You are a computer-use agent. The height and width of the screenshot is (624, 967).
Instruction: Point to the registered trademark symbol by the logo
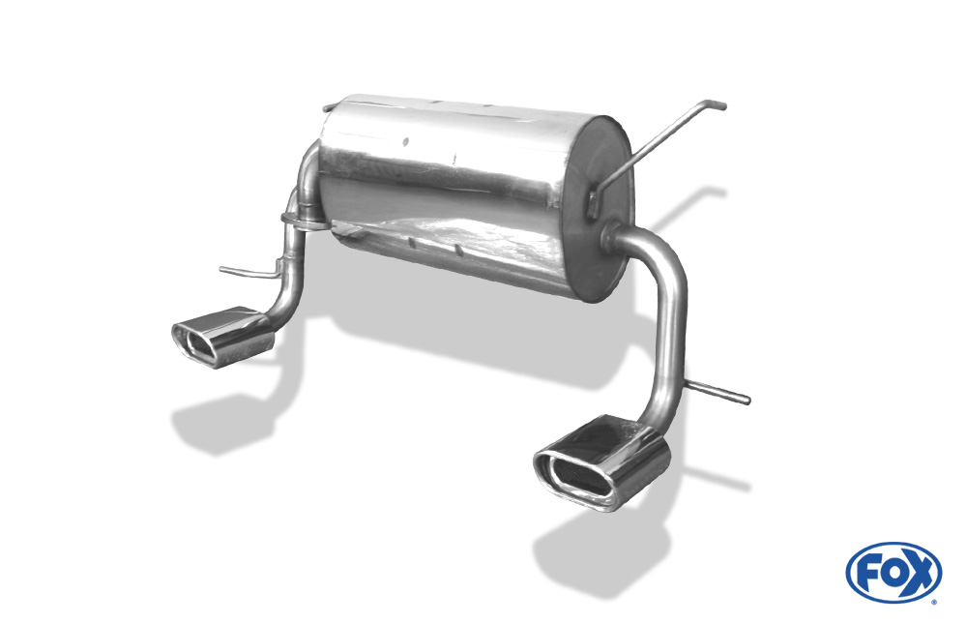point(935,601)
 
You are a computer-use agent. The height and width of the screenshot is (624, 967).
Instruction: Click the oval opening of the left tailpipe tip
point(193,342)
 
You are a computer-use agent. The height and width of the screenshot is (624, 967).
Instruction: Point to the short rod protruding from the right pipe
point(718,392)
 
